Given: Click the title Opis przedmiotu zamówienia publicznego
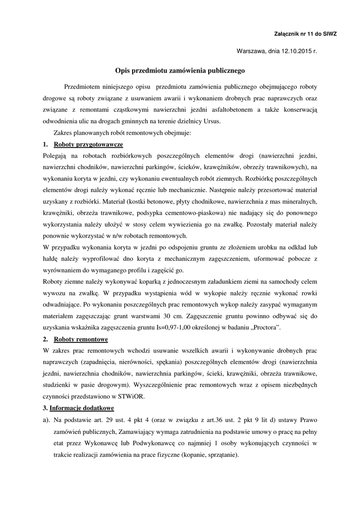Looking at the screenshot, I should [x=180, y=71].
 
